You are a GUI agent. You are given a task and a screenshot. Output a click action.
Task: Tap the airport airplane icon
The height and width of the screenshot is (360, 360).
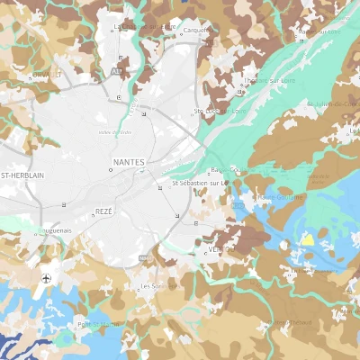tap(46, 278)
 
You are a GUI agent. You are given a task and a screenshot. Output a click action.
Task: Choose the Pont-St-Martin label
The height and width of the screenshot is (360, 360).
tap(98, 324)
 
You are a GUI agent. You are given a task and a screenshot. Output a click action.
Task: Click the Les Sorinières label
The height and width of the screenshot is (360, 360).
tap(159, 286)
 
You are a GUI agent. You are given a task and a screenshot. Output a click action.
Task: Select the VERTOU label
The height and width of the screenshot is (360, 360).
tap(216, 249)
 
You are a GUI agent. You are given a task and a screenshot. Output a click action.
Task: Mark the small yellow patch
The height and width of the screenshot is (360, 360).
tap(307, 239)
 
